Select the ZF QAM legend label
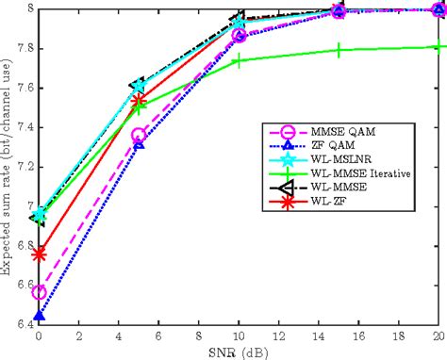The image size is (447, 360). (x=334, y=147)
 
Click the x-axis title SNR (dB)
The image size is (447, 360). (x=238, y=352)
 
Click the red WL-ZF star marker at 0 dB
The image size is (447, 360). (x=39, y=254)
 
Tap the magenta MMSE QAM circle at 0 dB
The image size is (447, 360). (x=39, y=293)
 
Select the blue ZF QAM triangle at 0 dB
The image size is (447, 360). (x=39, y=317)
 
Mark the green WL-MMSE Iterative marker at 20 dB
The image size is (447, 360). (x=437, y=46)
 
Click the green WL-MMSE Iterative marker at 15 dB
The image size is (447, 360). (x=338, y=50)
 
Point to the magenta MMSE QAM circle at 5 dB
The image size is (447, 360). (x=139, y=136)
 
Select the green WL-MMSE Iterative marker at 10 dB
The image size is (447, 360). (x=238, y=60)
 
